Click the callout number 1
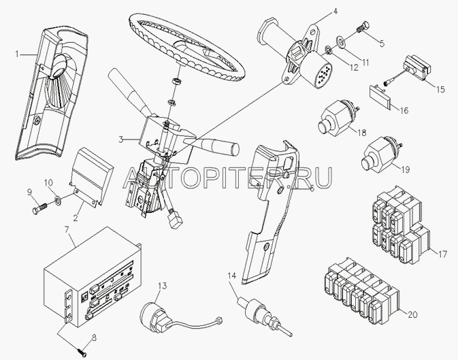17,54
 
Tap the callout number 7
67,229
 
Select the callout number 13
163,286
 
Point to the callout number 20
412,314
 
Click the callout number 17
442,255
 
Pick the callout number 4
335,12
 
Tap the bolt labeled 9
39,206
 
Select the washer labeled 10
58,201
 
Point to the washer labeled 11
341,40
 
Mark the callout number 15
440,89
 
